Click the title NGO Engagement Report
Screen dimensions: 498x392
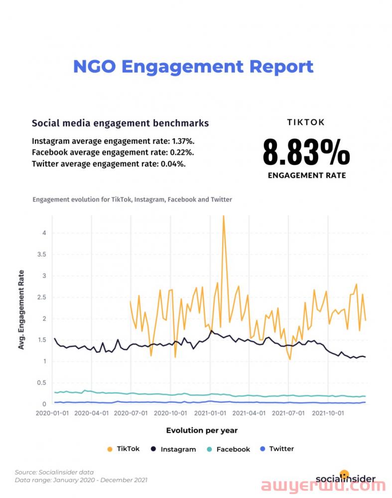click(193, 67)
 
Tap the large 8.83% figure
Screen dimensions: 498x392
click(306, 153)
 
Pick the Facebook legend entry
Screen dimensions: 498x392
click(229, 449)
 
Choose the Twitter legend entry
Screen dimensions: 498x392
click(277, 449)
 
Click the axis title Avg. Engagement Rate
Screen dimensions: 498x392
click(21, 309)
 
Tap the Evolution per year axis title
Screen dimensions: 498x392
click(202, 430)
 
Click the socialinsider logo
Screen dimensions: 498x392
click(345, 478)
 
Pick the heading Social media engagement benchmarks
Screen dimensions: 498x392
click(120, 123)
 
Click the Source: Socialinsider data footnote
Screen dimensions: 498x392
click(54, 472)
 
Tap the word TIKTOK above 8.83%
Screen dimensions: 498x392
click(306, 123)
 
